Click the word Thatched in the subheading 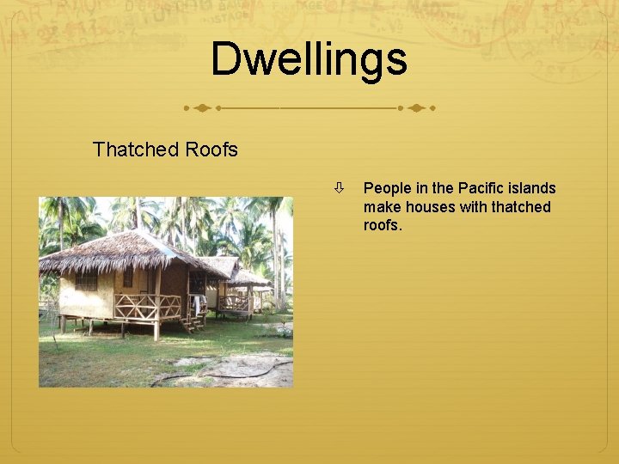pyautogui.click(x=128, y=150)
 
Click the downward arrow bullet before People pyautogui.click(x=340, y=187)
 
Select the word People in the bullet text pyautogui.click(x=388, y=188)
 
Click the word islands pyautogui.click(x=533, y=188)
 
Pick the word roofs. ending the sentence pyautogui.click(x=383, y=226)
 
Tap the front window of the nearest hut pyautogui.click(x=85, y=282)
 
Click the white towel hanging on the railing pyautogui.click(x=199, y=303)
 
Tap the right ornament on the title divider pyautogui.click(x=417, y=109)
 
